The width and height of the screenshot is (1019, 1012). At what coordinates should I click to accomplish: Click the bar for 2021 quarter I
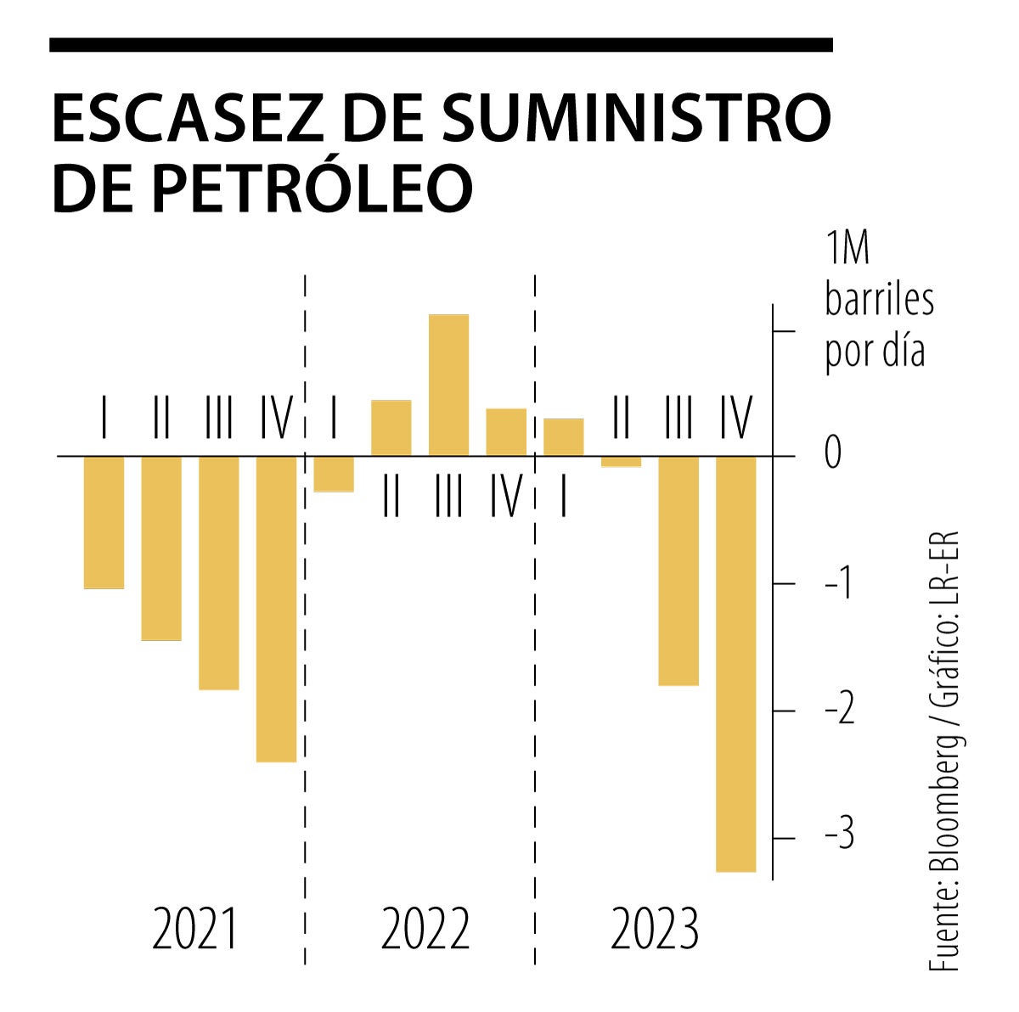pyautogui.click(x=104, y=522)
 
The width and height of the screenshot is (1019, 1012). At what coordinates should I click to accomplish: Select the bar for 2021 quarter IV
pyautogui.click(x=276, y=609)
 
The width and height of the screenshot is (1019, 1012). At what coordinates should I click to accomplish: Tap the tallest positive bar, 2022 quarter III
pyautogui.click(x=448, y=385)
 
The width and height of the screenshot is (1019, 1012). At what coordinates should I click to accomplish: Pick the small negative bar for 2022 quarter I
pyautogui.click(x=334, y=474)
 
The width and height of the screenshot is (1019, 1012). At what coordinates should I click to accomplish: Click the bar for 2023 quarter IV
pyautogui.click(x=736, y=664)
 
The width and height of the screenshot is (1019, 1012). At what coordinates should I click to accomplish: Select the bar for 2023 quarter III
pyautogui.click(x=678, y=571)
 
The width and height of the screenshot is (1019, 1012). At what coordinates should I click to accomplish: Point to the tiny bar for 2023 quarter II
pyautogui.click(x=621, y=461)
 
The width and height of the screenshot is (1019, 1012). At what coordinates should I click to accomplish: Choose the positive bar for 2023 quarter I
pyautogui.click(x=563, y=437)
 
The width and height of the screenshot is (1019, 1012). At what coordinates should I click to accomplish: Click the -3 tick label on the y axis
pyautogui.click(x=840, y=837)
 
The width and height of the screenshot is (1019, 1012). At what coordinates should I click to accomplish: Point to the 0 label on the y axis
pyautogui.click(x=833, y=452)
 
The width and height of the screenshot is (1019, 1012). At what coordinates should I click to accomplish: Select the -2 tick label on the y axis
pyautogui.click(x=840, y=711)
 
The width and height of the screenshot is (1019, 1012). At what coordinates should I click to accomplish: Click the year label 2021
pyautogui.click(x=196, y=929)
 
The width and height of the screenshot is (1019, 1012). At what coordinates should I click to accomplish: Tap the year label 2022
pyautogui.click(x=425, y=929)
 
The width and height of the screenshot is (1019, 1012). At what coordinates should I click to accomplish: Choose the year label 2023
pyautogui.click(x=655, y=929)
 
